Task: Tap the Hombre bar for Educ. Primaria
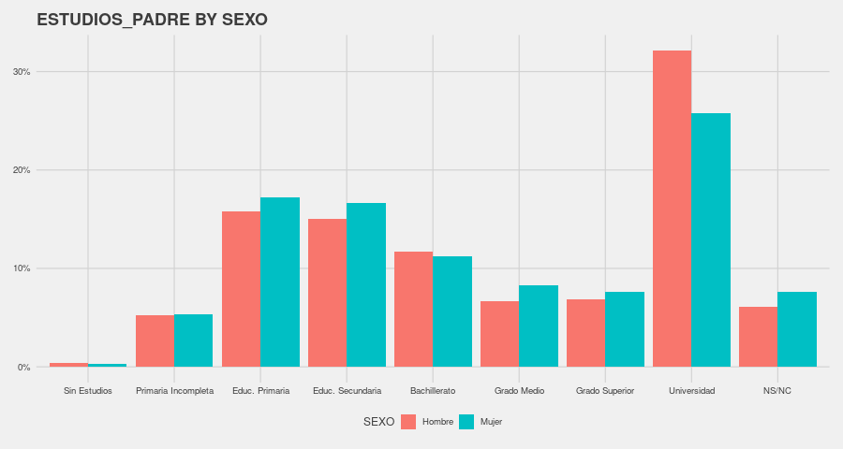[x=241, y=289]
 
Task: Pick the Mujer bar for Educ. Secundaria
[x=366, y=284]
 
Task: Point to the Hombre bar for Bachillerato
[x=413, y=309]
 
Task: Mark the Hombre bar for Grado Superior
[x=585, y=333]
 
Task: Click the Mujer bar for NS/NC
[x=797, y=329]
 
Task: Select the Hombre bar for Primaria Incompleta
[x=155, y=340]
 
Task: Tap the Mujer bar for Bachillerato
[x=452, y=311]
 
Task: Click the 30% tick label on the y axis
[x=22, y=72]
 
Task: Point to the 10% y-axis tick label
[x=22, y=268]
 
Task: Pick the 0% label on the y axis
[x=24, y=367]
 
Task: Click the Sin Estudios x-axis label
[x=88, y=390]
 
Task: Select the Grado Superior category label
[x=605, y=390]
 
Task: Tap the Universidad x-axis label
[x=691, y=390]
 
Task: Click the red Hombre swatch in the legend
[x=408, y=422]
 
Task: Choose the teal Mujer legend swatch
[x=466, y=422]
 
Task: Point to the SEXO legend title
[x=378, y=422]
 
